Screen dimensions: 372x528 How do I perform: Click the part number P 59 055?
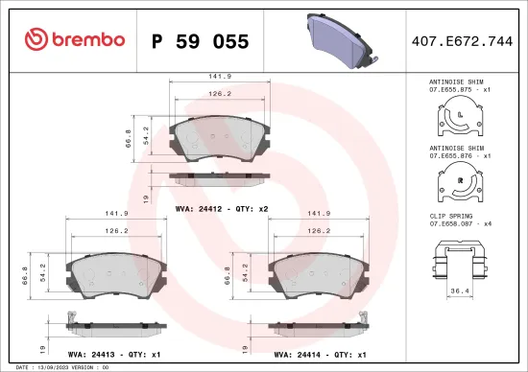[x=201, y=40]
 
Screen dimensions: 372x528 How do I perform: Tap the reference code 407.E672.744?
[x=461, y=40]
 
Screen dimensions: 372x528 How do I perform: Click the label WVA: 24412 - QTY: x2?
[x=222, y=207]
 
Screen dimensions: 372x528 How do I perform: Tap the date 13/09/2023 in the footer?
[x=47, y=367]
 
